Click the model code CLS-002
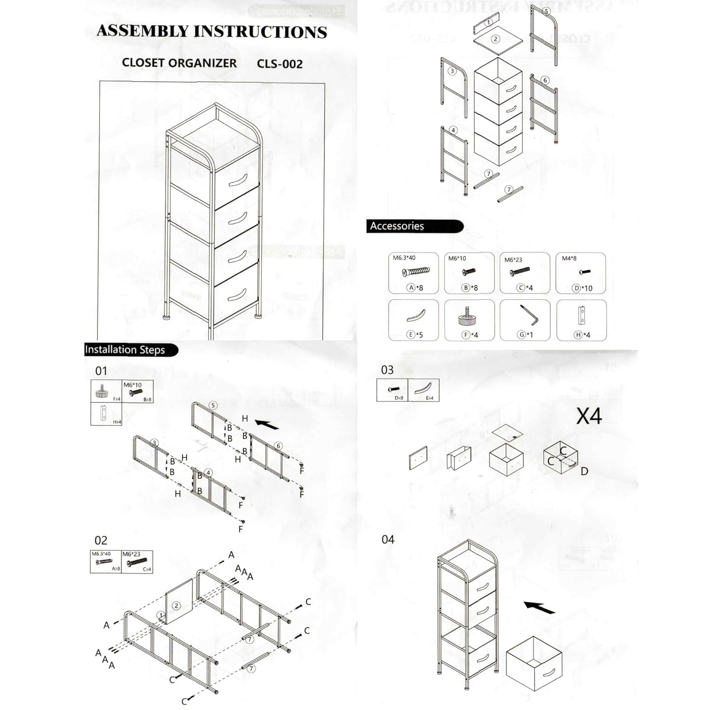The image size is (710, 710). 279,64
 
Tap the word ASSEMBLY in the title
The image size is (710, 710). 142,31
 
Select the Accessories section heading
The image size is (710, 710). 397,226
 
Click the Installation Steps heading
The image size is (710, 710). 125,350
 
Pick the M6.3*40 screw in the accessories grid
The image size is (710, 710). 416,272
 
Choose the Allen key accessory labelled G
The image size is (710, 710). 529,315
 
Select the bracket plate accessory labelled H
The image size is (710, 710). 582,316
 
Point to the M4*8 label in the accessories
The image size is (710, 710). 569,258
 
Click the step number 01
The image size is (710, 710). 101,371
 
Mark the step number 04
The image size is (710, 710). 388,540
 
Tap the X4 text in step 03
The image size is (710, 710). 589,417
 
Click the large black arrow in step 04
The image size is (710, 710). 540,607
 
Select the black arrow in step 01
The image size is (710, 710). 267,424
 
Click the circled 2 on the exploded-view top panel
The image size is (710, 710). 496,39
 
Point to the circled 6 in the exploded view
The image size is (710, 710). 545,80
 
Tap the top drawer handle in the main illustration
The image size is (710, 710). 238,181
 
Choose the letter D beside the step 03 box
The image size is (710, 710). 585,471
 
